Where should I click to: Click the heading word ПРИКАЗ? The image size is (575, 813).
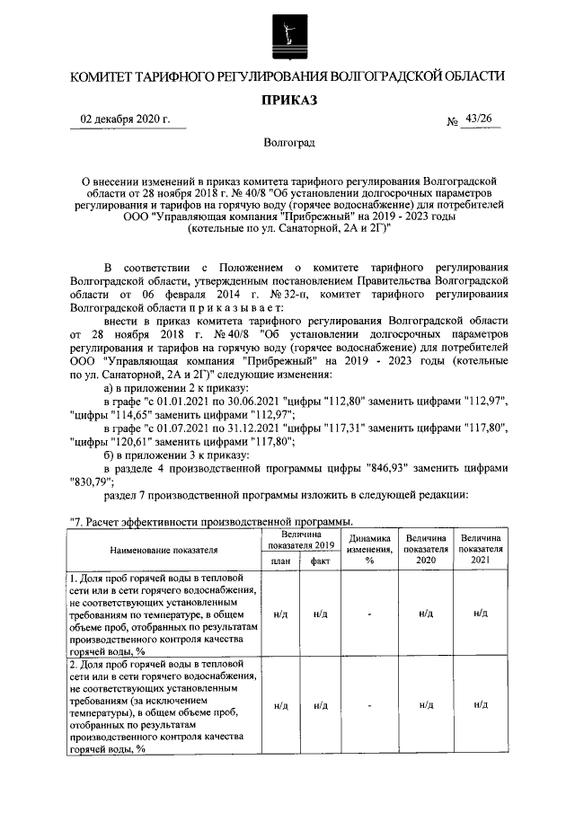[287, 101]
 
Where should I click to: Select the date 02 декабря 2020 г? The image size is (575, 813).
[125, 120]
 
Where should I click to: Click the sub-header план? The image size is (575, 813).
[279, 561]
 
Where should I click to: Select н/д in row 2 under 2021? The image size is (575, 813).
[481, 705]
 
